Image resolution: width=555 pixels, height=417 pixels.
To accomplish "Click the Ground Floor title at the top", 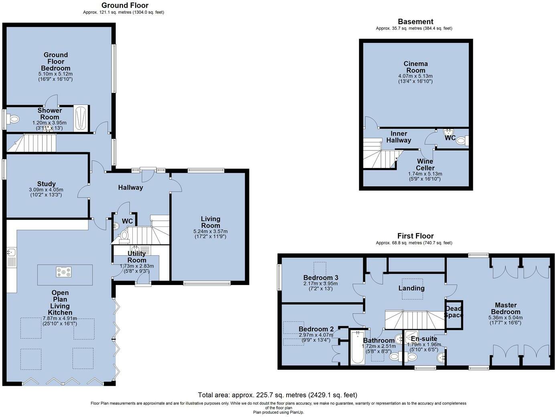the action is (125, 5).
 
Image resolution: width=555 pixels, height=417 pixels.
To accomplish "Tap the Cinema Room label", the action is (416, 67).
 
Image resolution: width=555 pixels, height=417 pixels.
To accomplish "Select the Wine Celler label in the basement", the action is (425, 164).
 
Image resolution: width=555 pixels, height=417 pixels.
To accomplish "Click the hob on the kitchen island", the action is (64, 272).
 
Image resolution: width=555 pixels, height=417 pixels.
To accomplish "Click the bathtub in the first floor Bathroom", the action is (358, 347).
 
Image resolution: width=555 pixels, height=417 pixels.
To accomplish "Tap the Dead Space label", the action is (454, 312).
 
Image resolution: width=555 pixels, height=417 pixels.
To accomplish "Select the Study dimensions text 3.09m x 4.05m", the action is (46, 190).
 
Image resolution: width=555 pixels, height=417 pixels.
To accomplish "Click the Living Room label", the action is (211, 222).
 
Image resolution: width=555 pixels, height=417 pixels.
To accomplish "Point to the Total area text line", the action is (277, 395).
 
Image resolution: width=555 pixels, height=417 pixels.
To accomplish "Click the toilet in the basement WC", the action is (462, 140).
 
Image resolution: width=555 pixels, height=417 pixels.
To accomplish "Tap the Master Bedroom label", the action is (506, 308).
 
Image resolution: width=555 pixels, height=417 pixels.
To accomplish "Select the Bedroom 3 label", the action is (321, 278).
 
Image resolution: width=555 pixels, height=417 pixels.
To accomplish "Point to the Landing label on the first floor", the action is (411, 288).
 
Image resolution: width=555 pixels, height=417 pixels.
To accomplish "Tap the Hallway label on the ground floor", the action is (131, 188).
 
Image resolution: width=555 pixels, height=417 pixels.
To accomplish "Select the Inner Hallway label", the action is (399, 137).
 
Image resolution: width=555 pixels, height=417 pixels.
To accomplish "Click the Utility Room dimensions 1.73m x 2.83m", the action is (137, 266).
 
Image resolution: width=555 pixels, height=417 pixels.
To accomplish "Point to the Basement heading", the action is (416, 22).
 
